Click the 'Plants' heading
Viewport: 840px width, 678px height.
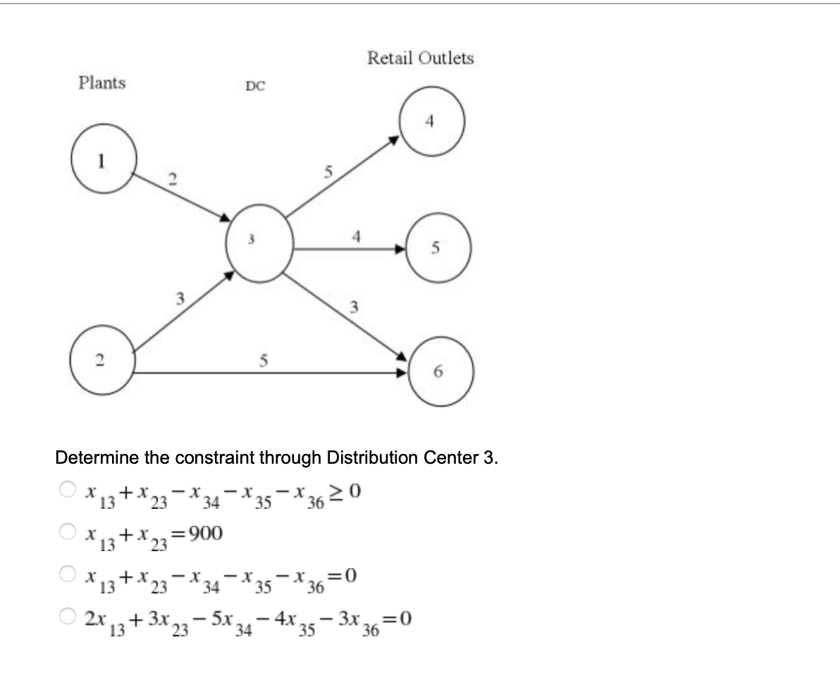102,83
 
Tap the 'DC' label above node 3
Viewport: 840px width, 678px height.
255,87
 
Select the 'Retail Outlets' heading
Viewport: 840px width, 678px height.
420,58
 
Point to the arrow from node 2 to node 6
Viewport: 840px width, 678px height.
268,371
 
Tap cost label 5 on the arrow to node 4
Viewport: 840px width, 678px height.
327,171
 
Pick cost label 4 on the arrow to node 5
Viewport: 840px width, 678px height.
358,236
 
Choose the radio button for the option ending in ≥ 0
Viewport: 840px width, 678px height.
67,488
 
